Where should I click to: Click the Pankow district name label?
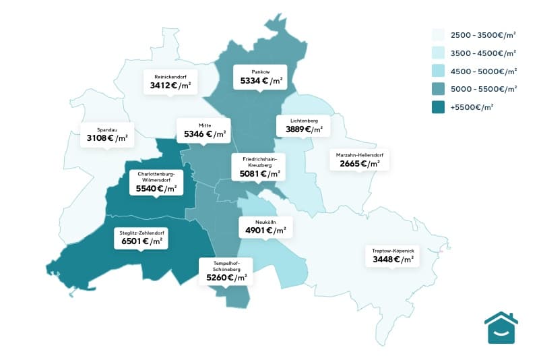tap(260, 71)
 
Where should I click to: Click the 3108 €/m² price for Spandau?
tap(107, 138)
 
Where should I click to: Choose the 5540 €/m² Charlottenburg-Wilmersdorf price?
tap(156, 189)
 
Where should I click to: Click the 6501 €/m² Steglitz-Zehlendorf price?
tap(141, 241)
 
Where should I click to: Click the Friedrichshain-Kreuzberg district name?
tap(259, 161)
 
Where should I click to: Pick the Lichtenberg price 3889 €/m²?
tap(299, 129)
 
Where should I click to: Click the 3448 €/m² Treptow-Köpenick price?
tap(391, 259)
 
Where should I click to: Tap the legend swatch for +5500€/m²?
tap(438, 107)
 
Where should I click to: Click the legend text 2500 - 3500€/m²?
tap(483, 34)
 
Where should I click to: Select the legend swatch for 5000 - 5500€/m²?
tap(438, 88)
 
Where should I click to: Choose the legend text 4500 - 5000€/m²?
tap(483, 71)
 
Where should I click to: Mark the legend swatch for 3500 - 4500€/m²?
tap(438, 53)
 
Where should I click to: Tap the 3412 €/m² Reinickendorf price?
tap(170, 86)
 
